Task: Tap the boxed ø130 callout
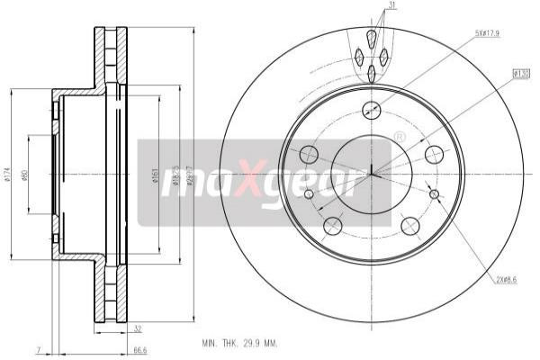520,73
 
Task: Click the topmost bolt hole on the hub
371,110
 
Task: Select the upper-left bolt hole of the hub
308,154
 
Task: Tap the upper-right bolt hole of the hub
433,154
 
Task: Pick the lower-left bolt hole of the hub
332,225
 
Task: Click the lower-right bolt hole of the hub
409,225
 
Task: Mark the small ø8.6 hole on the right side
435,193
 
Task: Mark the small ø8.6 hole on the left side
307,193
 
